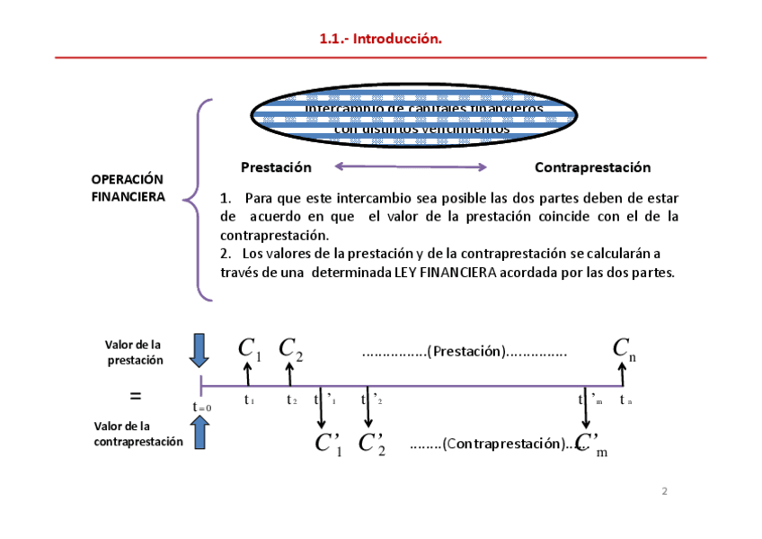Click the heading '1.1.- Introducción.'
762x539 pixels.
(x=381, y=39)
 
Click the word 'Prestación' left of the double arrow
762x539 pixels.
(x=276, y=167)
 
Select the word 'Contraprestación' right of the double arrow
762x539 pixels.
(x=592, y=167)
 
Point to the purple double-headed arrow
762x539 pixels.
(x=411, y=166)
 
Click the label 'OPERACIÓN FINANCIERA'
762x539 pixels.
(x=128, y=188)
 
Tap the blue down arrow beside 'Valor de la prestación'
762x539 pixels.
(x=199, y=350)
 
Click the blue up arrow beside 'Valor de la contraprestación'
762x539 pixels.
(x=199, y=433)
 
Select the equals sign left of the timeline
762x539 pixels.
(x=136, y=396)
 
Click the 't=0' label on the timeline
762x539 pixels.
(x=201, y=408)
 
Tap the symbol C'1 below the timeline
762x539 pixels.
(x=327, y=444)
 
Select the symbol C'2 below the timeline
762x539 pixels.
(x=371, y=444)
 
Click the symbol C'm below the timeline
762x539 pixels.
(x=590, y=444)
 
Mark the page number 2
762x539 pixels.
(x=664, y=491)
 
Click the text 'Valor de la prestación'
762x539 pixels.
(x=134, y=352)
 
